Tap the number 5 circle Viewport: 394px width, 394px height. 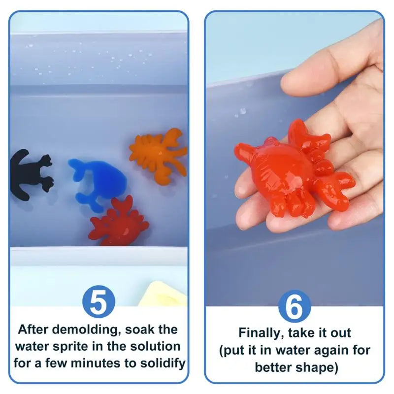tap(98, 302)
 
